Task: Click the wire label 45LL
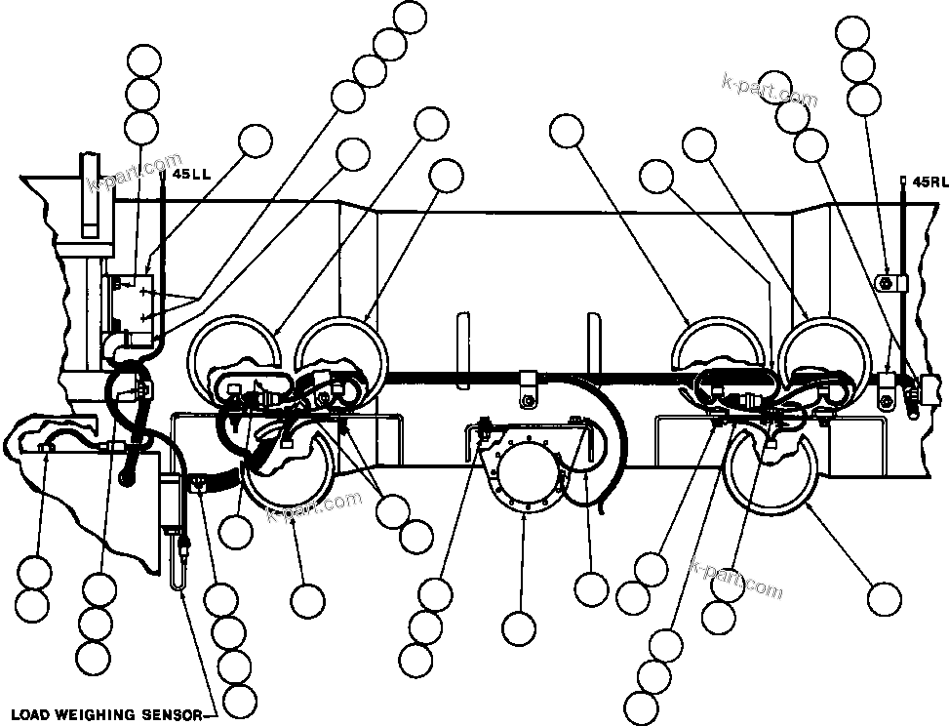point(190,175)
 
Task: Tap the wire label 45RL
point(927,181)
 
